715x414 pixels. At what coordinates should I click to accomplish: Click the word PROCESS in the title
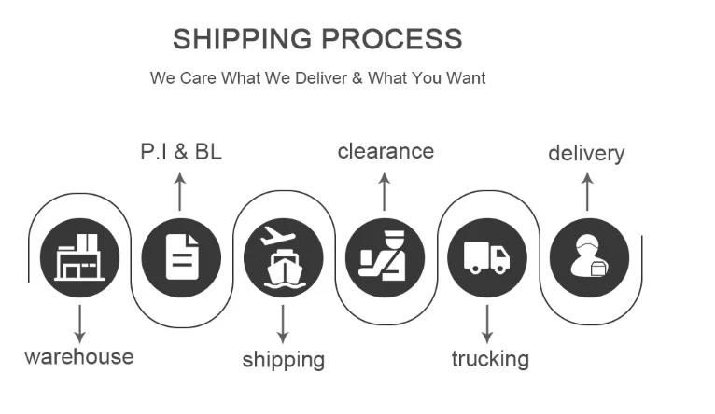pyautogui.click(x=392, y=39)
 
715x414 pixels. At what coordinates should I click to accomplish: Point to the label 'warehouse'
pyautogui.click(x=78, y=356)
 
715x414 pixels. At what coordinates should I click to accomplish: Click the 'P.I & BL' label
pyautogui.click(x=181, y=151)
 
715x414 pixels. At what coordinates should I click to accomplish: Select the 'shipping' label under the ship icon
pyautogui.click(x=283, y=359)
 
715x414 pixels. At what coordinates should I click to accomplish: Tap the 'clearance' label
pyautogui.click(x=386, y=150)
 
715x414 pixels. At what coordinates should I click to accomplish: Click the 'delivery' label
pyautogui.click(x=586, y=153)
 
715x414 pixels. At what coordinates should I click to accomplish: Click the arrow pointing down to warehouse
pyautogui.click(x=80, y=323)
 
